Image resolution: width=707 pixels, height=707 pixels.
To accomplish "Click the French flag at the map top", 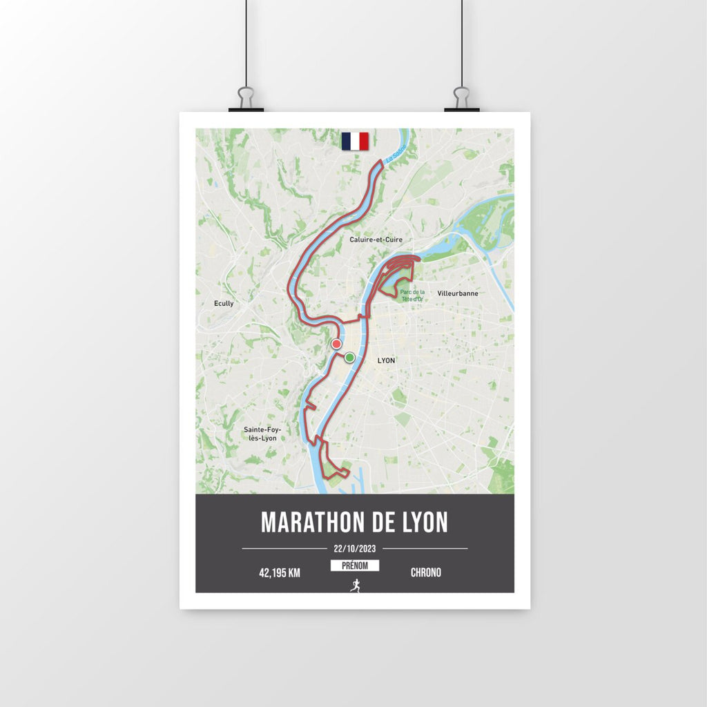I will pos(355,141).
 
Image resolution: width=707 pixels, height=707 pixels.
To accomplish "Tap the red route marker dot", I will pos(336,344).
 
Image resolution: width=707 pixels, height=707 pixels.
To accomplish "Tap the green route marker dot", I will pos(350,357).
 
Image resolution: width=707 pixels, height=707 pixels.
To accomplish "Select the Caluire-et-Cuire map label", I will pos(376,240).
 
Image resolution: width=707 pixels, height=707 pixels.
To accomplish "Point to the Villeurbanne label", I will pos(458,293).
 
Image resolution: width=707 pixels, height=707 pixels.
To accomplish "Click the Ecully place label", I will pos(224,303).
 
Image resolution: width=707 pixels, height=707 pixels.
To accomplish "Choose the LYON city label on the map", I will pos(387,360).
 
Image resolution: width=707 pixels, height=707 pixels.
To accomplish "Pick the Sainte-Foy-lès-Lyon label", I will pos(262,434).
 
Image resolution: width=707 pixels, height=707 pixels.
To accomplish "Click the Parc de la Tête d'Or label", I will pos(412,296).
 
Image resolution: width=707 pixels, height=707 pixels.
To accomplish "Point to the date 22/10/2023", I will pos(355,549).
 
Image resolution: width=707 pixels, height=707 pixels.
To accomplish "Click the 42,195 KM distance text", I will pos(280,572).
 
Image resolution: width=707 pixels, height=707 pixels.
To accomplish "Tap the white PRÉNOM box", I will pos(355,566).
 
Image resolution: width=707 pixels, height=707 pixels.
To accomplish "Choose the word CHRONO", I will pos(425,572).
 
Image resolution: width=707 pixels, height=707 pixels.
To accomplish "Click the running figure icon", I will pos(355,585).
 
